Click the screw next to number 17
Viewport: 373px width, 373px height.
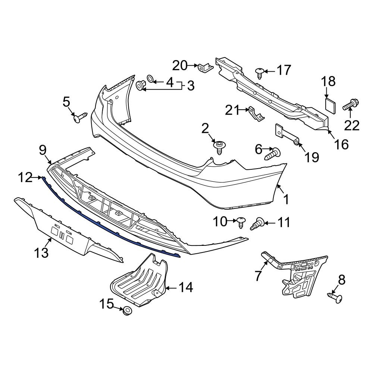click(260, 72)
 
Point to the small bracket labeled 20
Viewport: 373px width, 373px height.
click(206, 68)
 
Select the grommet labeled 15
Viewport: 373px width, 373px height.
click(128, 311)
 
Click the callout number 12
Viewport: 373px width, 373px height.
click(26, 178)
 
